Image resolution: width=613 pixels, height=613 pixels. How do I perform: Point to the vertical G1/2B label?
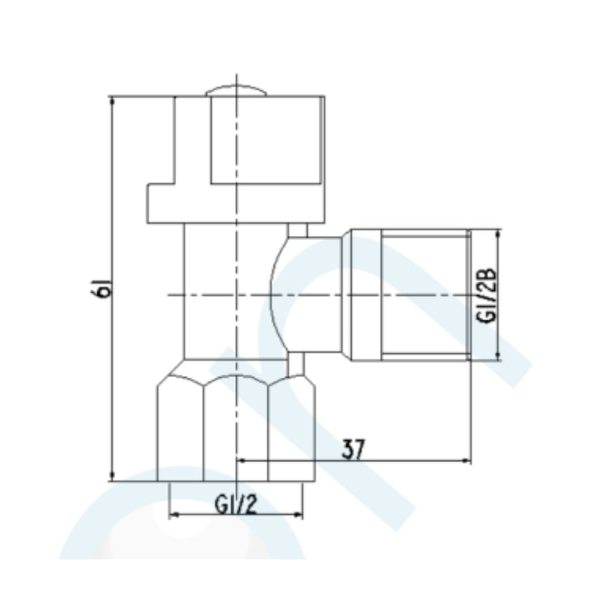[486, 295]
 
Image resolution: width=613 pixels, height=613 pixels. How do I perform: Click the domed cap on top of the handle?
[237, 90]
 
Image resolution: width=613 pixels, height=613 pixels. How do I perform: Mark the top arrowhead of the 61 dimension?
[113, 102]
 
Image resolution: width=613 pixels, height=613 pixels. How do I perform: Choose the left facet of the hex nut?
[180, 429]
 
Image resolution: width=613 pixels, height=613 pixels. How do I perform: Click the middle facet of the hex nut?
[236, 429]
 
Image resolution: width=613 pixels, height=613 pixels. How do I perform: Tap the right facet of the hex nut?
[291, 429]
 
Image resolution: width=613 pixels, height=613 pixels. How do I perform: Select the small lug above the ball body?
[297, 230]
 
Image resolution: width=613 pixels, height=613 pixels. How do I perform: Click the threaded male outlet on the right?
[425, 295]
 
